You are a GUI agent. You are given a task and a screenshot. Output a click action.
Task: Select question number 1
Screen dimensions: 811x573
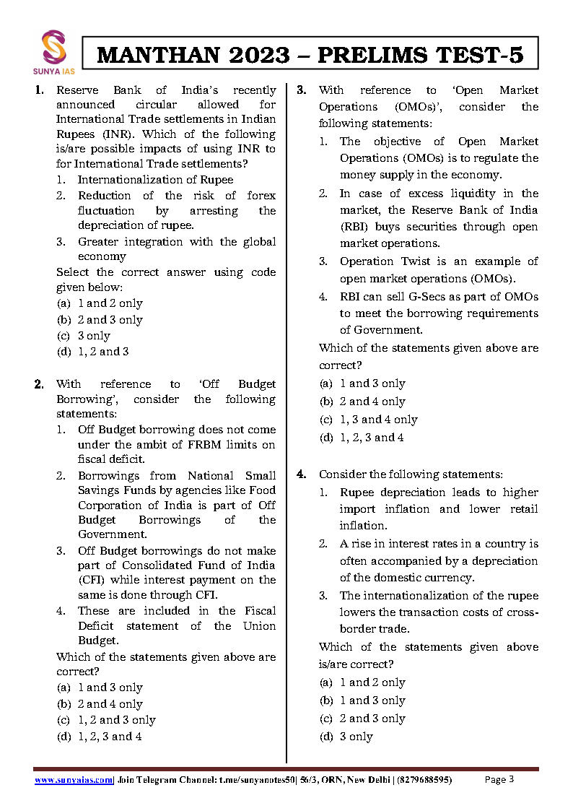[x=39, y=90]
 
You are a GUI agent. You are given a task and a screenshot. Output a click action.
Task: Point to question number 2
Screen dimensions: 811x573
[x=39, y=384]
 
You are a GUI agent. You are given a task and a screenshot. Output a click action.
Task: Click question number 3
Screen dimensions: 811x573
[x=302, y=90]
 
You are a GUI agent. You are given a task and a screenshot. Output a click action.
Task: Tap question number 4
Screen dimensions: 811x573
[x=302, y=474]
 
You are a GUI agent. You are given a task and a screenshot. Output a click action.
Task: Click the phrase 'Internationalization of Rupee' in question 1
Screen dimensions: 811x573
[x=155, y=180]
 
